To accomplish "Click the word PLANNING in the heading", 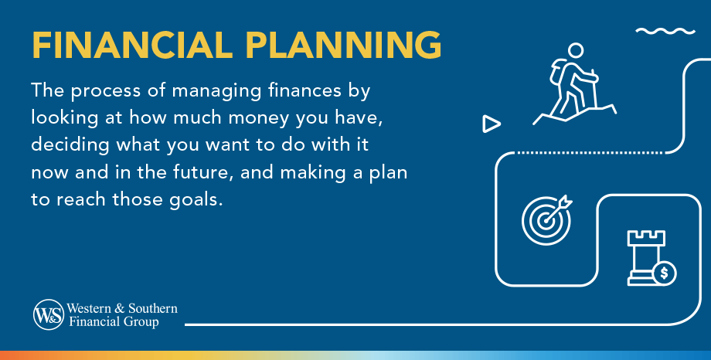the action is point(343,46).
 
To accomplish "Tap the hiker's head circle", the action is point(576,51).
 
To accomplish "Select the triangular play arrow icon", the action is point(491,124).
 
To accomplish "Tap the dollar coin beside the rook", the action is point(665,273).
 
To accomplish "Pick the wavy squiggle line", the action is point(665,31).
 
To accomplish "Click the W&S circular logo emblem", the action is point(49,314).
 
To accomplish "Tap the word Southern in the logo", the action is point(153,308).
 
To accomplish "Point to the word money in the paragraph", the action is point(259,118).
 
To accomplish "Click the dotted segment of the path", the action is point(590,153).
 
